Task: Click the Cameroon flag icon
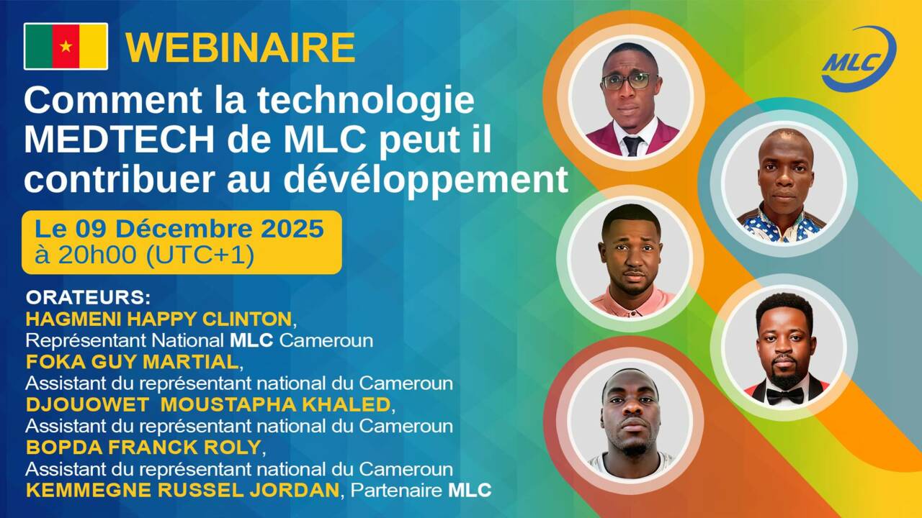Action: click(66, 46)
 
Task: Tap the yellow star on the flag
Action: click(66, 47)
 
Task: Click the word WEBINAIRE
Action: click(241, 47)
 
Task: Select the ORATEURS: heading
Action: click(89, 297)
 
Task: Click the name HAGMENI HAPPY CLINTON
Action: click(158, 319)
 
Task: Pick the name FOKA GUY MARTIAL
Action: click(132, 361)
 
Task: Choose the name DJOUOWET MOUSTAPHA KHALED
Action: click(208, 404)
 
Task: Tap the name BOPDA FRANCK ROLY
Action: click(143, 447)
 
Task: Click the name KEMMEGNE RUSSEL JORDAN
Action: click(182, 490)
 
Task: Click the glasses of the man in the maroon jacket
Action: click(629, 80)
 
